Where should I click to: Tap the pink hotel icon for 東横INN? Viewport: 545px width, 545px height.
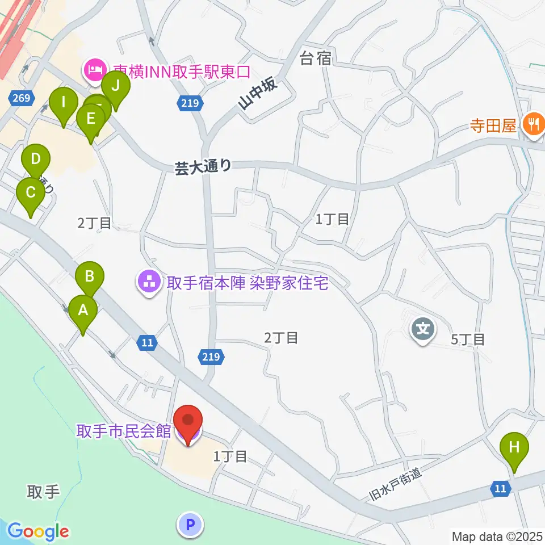coord(92,70)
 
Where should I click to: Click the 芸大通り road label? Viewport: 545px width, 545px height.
coord(203,166)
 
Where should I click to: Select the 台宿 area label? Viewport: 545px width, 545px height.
coord(315,58)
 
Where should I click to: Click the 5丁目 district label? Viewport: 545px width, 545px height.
coord(468,340)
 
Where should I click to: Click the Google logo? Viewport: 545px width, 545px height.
coord(38,531)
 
